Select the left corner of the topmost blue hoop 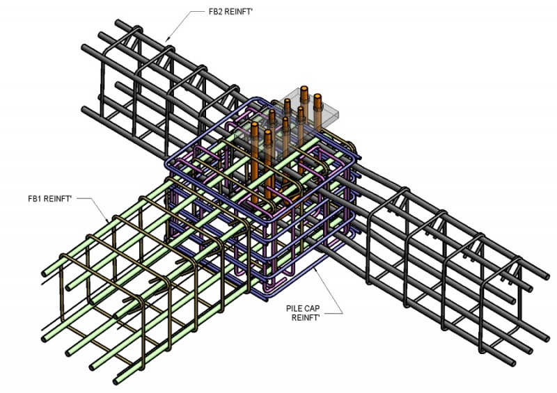tap(167, 162)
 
